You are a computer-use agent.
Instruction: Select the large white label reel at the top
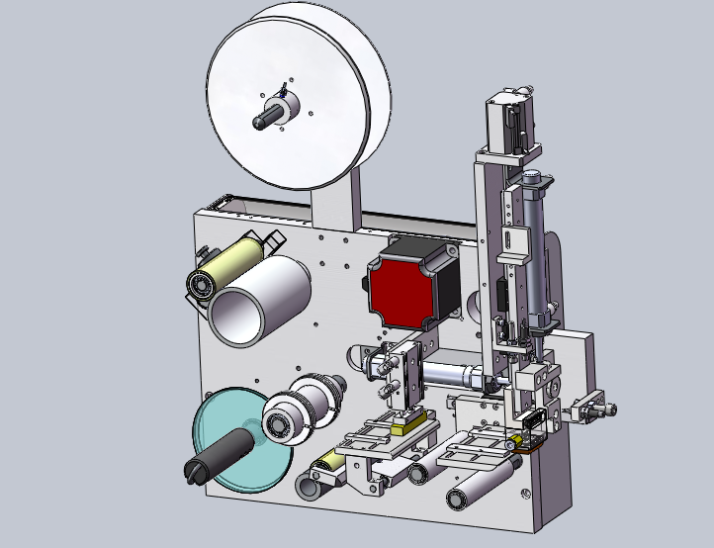(297, 99)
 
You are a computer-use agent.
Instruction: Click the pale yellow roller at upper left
(229, 264)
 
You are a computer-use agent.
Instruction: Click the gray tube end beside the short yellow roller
(312, 486)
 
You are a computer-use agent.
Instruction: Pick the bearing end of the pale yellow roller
(201, 285)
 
